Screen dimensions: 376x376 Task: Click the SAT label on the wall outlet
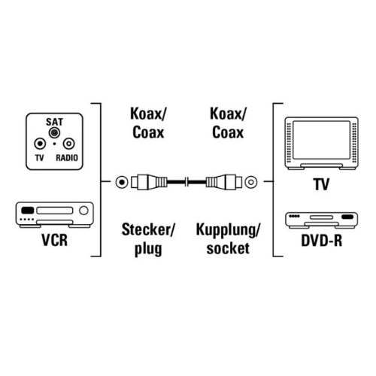point(54,122)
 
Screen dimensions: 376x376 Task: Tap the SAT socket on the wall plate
point(54,132)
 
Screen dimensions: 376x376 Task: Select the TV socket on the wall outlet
point(40,144)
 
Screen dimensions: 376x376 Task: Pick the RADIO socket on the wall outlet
point(68,144)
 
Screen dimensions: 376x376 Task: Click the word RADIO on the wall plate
point(67,158)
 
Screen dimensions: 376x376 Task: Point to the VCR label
point(55,240)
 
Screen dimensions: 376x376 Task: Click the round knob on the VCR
point(83,211)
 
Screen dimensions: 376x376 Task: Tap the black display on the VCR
point(28,211)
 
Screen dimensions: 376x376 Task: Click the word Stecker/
point(148,229)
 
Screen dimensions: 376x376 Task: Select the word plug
point(148,249)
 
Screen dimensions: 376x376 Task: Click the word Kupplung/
point(228,230)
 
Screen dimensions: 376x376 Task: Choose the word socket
point(228,248)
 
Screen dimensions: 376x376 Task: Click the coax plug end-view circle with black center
point(122,182)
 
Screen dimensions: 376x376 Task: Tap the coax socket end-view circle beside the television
point(251,182)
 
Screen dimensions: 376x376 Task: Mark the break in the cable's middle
point(186,182)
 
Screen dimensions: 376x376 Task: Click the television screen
point(321,140)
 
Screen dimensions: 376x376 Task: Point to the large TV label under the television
point(322,184)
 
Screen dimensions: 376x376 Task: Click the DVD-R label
point(322,241)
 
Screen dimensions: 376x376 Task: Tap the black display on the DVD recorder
point(347,217)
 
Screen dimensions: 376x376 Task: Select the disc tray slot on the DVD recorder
point(321,217)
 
